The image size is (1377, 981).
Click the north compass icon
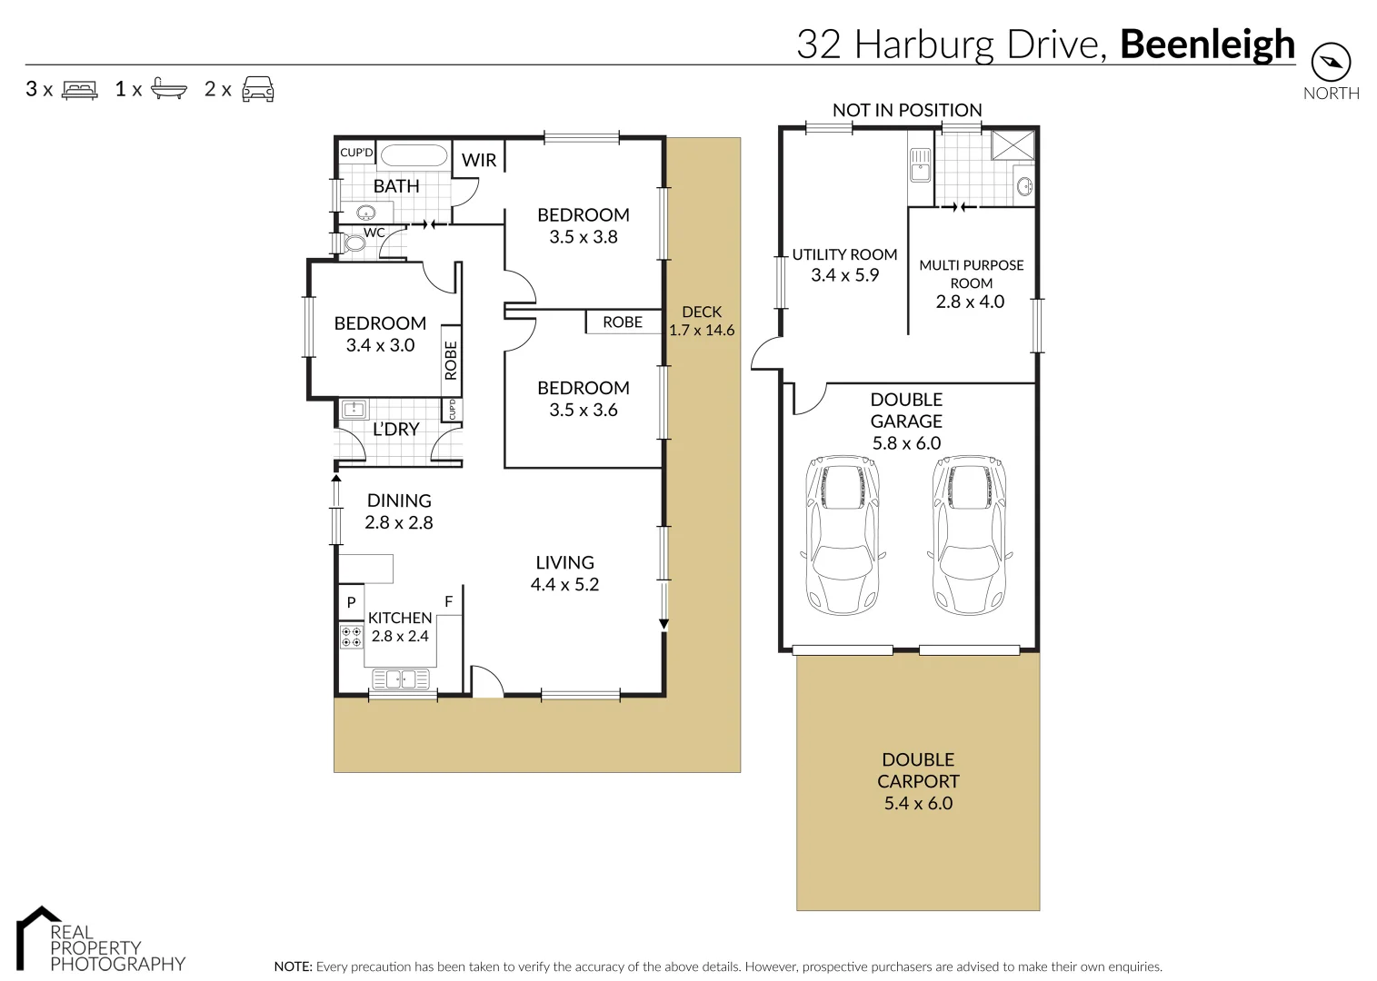pos(1331,63)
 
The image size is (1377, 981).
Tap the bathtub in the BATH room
pos(413,154)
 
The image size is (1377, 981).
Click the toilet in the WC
pos(353,243)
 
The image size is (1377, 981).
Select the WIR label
pos(479,161)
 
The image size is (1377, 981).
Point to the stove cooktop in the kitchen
pos(351,636)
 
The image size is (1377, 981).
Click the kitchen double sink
pos(402,679)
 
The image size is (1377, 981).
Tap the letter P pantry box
pos(351,602)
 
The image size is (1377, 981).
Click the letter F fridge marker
pos(448,601)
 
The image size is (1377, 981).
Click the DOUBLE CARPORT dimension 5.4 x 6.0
pos(918,803)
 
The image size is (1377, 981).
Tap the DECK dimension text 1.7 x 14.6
pos(702,331)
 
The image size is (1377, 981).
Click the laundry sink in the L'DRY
pos(354,410)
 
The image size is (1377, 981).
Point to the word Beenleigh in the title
pos(1207,44)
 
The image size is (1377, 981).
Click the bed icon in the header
pos(79,89)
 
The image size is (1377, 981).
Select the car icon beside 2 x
pos(258,89)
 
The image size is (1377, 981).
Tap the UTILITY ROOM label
pos(844,255)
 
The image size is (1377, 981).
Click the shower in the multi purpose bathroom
pos(1013,145)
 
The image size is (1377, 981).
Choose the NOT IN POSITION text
pos(907,110)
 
